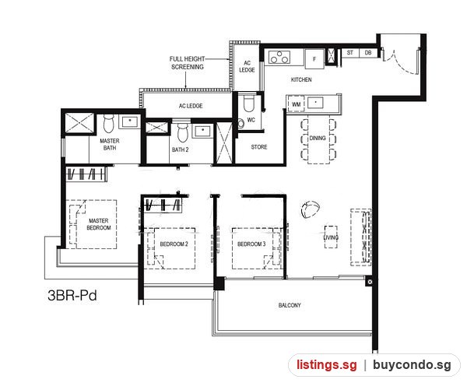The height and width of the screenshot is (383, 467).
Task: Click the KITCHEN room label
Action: (301, 79)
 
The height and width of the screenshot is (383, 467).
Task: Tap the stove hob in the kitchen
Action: (279, 57)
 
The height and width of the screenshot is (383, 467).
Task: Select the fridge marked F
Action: (314, 59)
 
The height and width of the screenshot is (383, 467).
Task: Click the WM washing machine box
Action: (296, 104)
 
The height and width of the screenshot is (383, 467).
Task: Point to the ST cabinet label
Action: (350, 53)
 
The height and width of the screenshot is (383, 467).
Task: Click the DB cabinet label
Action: (368, 53)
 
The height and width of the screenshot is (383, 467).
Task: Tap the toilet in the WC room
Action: (249, 103)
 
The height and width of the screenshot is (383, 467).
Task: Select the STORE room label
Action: (259, 147)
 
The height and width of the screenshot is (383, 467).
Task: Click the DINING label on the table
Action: (318, 139)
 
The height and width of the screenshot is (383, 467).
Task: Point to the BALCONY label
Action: (290, 305)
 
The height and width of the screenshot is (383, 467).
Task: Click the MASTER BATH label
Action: (109, 144)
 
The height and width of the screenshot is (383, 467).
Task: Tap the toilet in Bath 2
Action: (182, 132)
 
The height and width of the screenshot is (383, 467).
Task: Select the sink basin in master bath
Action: (129, 122)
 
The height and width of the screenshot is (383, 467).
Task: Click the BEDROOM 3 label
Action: (251, 244)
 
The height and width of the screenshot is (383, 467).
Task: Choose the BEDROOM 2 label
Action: (174, 244)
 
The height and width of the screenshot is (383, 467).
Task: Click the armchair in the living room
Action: (310, 209)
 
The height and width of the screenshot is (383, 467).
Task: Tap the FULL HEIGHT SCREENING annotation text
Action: (188, 63)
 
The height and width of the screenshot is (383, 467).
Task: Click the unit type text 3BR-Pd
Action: (72, 296)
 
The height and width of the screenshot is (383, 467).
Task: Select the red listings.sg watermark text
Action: (326, 365)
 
